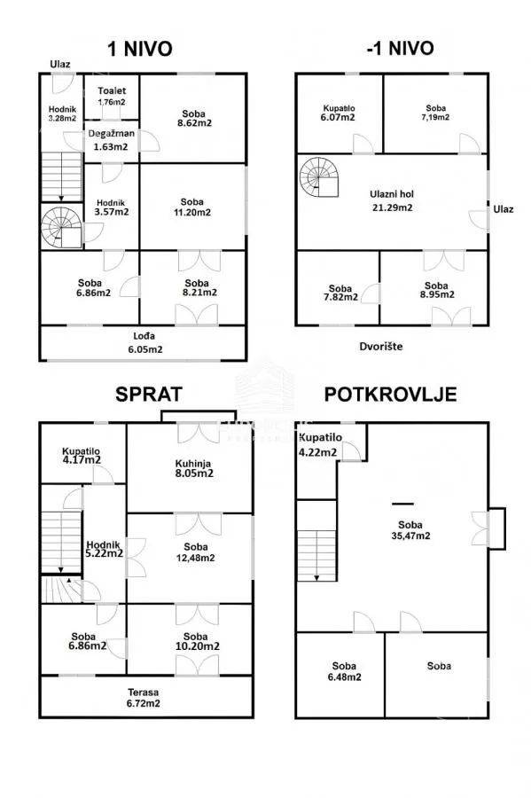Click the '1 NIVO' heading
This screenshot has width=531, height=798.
pos(140,49)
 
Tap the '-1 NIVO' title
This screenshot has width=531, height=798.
pos(400,49)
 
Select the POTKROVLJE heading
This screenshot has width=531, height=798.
pos(390,395)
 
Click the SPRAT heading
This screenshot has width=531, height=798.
pos(149,395)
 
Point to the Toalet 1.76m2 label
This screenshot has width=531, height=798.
pos(112,96)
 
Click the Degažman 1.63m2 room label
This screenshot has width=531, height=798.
pos(112,140)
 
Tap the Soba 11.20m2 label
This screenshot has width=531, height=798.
pos(192,207)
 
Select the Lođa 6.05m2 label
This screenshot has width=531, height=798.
pos(145,342)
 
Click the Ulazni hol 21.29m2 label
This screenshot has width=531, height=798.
pos(392,200)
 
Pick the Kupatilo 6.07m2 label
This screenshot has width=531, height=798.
pos(339,113)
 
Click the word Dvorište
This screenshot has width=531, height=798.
pos(381,346)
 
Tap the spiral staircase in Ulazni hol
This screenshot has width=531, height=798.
pos(319,177)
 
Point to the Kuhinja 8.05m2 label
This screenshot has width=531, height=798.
pos(193,469)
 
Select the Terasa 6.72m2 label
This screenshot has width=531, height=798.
pos(144,698)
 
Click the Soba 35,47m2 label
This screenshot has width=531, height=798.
pos(410,530)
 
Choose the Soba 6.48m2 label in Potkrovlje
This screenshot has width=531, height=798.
pos(344,671)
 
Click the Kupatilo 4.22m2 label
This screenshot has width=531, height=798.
pos(319,445)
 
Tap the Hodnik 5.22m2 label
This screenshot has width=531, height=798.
pos(105,549)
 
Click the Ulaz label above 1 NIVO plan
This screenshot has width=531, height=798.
pos(60,64)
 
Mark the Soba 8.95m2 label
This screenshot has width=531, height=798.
pos(437,290)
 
